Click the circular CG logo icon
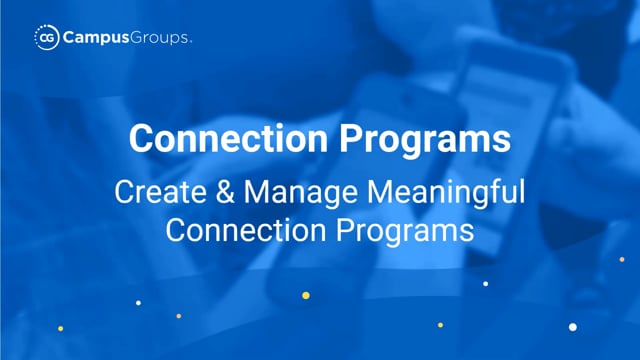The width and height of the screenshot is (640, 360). click(47, 38)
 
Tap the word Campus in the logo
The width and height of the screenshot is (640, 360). click(96, 38)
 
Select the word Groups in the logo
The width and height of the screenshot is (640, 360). click(160, 38)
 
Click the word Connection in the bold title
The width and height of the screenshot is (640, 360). click(228, 139)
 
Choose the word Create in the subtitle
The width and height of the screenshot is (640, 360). click(160, 192)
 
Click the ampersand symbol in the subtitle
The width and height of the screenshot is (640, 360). click(225, 192)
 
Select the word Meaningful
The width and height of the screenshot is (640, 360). click(446, 193)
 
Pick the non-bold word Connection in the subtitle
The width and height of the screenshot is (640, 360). click(246, 230)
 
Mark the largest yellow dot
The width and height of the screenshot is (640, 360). click(306, 296)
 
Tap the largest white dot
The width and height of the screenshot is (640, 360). click(573, 327)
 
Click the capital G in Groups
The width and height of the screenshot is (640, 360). click(138, 38)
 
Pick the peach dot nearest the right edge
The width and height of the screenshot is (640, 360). click(622, 259)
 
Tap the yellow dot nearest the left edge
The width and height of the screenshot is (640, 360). click(60, 329)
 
